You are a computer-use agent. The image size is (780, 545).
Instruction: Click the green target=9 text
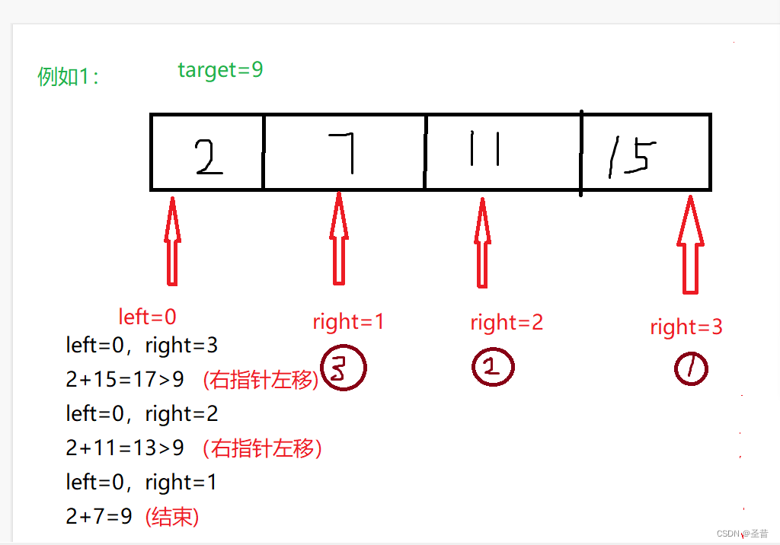(220, 70)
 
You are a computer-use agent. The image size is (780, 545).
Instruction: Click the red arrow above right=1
(339, 241)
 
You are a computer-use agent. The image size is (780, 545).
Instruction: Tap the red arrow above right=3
(690, 244)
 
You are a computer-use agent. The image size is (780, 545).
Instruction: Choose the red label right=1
(348, 322)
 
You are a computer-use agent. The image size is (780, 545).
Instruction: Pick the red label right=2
(507, 323)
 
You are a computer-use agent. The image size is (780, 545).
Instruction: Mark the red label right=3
(686, 327)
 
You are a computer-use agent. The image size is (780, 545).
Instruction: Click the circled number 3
(344, 370)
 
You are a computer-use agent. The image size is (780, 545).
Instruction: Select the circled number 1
(691, 370)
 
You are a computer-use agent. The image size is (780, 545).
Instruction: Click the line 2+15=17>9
(125, 380)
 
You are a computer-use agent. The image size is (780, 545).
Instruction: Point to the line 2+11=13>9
(125, 448)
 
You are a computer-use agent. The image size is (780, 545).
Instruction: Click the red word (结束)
(171, 517)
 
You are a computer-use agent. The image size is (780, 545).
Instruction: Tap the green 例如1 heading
(68, 77)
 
